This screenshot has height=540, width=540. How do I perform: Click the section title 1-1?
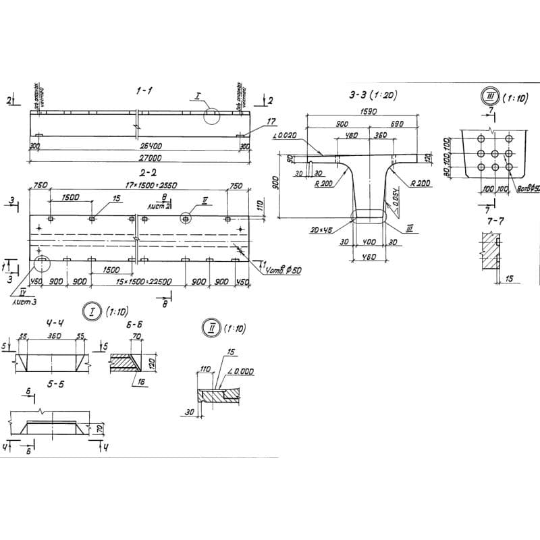(142, 89)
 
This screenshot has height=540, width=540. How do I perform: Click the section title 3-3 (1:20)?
(372, 96)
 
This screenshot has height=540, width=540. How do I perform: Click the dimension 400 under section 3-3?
(369, 242)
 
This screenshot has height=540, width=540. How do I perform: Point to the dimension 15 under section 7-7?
(508, 277)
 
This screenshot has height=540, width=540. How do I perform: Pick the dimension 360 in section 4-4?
(54, 335)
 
